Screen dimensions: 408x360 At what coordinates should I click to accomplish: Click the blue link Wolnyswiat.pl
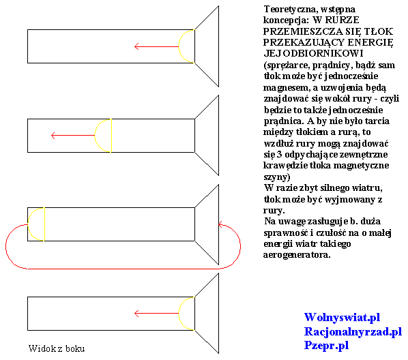(342, 317)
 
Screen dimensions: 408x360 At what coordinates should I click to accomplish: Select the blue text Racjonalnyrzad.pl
(353, 331)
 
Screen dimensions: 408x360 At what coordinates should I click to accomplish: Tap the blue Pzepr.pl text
(326, 346)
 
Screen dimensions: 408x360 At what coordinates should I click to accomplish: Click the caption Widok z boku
(57, 348)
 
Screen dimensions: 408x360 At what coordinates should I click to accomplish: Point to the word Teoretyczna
(291, 10)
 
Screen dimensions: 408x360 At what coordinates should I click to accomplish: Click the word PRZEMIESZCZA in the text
(303, 31)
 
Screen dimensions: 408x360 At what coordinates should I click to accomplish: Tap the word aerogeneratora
(297, 254)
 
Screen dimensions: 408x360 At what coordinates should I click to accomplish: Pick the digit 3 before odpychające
(279, 154)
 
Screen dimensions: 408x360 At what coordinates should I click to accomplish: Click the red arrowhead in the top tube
(136, 46)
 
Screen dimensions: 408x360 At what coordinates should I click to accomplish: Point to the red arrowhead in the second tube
(53, 136)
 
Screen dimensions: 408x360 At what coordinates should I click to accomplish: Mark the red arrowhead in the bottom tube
(136, 314)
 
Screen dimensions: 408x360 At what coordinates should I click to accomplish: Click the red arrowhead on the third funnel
(220, 224)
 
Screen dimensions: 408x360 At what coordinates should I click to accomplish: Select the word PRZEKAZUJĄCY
(304, 42)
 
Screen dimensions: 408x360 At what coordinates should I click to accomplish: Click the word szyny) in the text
(277, 177)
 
